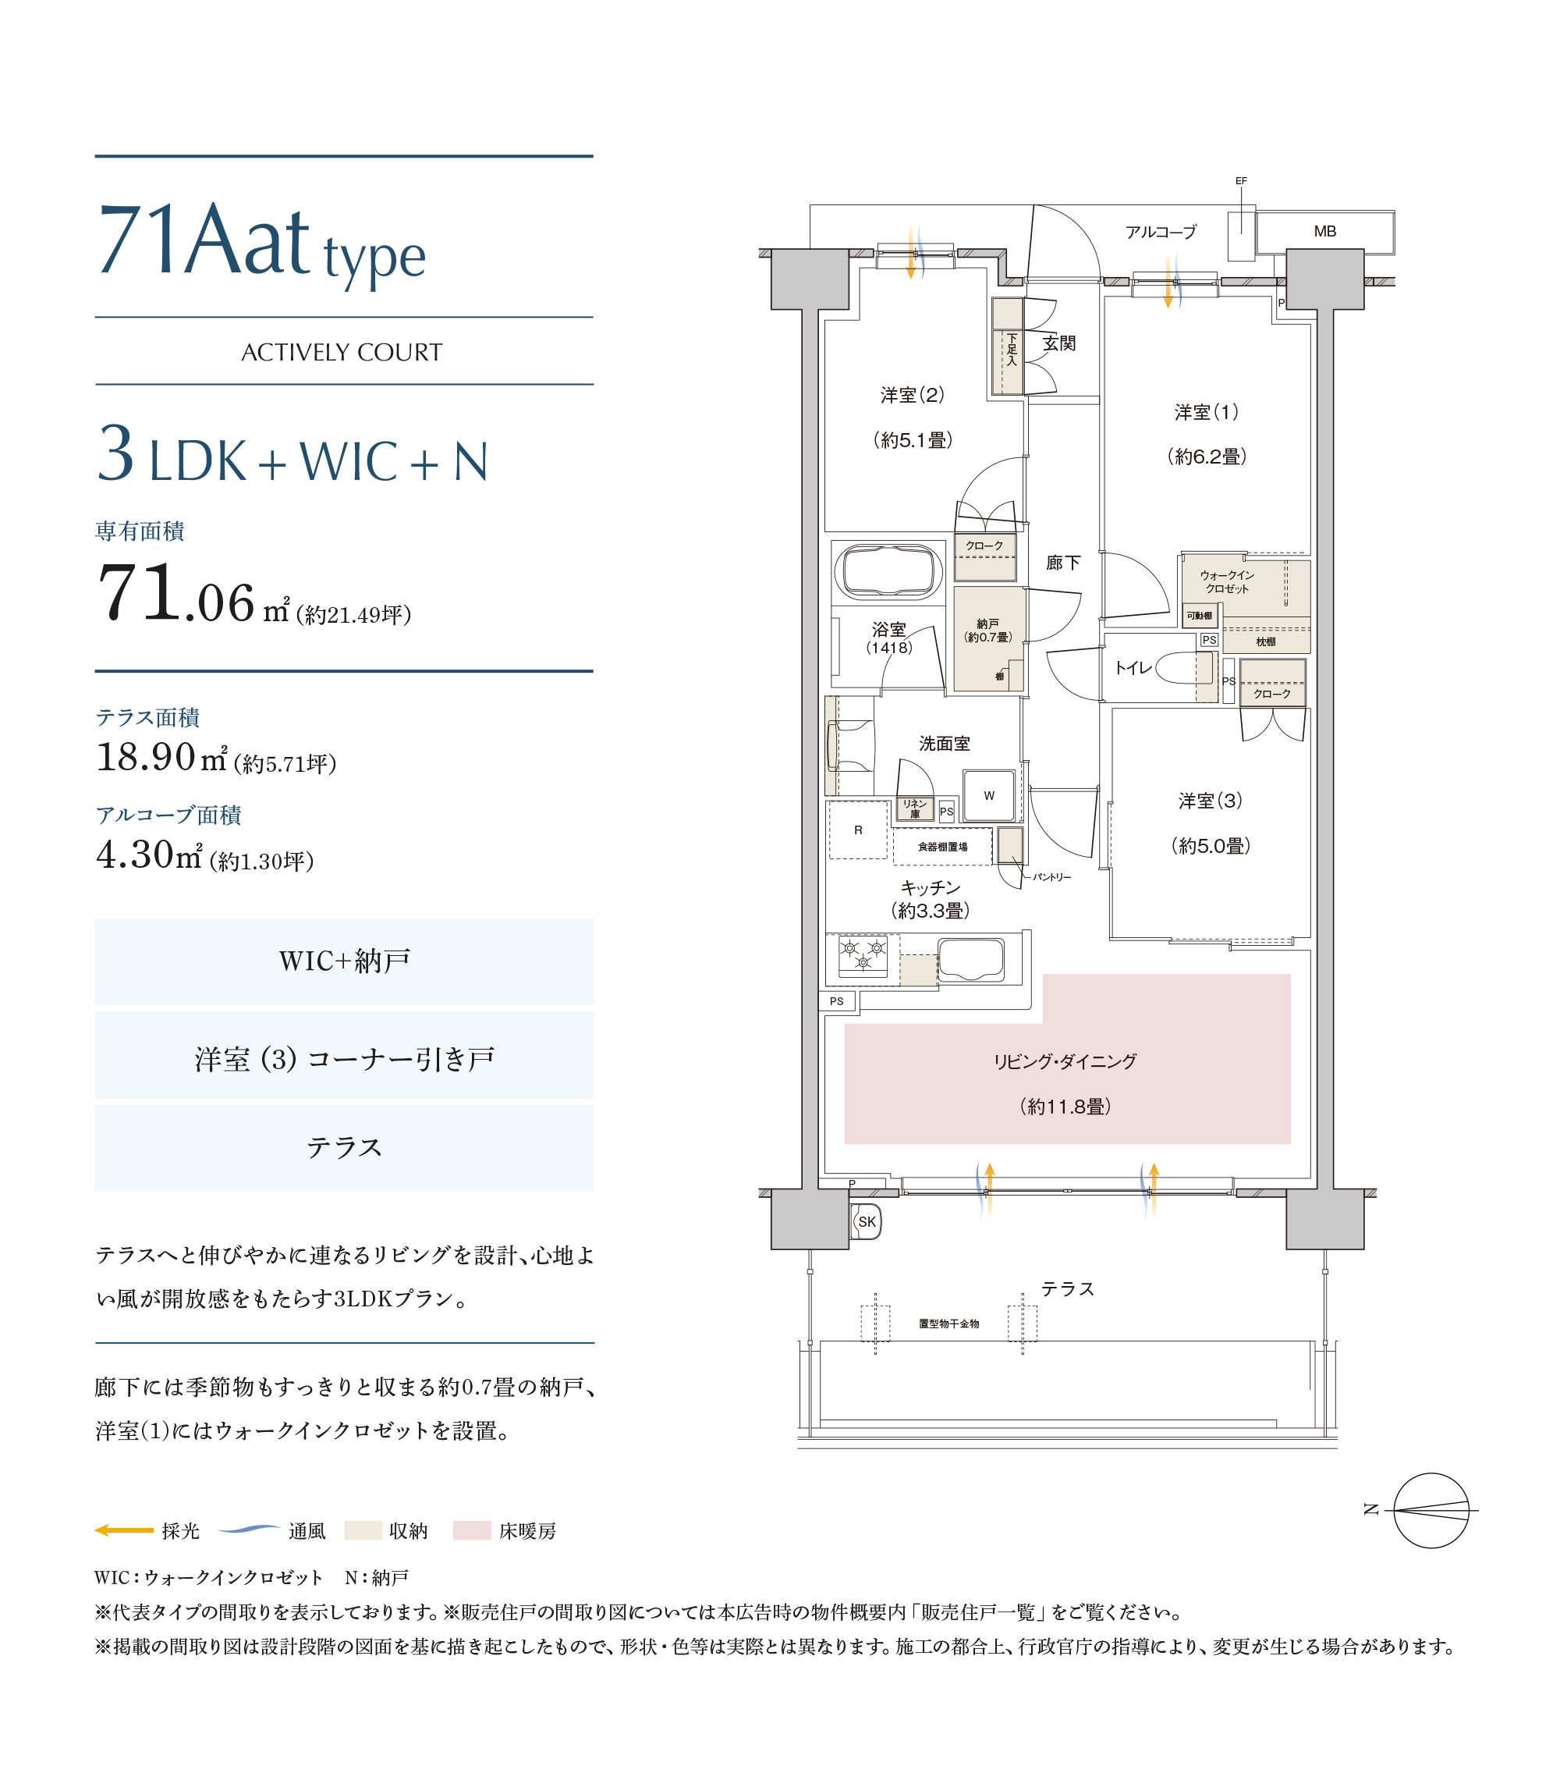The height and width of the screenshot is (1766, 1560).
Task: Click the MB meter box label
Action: click(x=1324, y=232)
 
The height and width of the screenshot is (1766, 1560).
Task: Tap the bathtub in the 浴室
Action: click(x=888, y=571)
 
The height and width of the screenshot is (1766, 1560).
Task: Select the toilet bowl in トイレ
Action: click(x=1183, y=667)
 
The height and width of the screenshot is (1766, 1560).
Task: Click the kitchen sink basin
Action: click(x=971, y=959)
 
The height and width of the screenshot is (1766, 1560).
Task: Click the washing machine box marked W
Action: click(x=988, y=795)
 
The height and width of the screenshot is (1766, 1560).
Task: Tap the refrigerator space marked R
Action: click(x=858, y=830)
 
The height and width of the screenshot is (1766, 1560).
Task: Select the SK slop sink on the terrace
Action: click(x=866, y=1221)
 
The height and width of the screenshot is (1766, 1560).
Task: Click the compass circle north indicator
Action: click(x=1431, y=1510)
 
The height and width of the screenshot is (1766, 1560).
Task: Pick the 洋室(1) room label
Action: click(x=1206, y=412)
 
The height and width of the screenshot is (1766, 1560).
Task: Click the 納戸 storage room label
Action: click(x=987, y=623)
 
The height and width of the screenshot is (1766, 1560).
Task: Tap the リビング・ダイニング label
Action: click(x=1065, y=1061)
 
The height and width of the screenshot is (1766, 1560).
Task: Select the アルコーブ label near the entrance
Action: click(x=1160, y=232)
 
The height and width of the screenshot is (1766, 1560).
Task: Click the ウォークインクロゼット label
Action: click(x=1227, y=581)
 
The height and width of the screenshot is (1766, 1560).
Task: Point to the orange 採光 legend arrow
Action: click(x=123, y=1530)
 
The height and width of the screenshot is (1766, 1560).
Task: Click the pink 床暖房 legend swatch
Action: click(x=472, y=1530)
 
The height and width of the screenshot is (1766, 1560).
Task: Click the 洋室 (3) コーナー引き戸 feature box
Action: click(x=344, y=1055)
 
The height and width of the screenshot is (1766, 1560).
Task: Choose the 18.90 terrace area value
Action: click(x=145, y=757)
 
